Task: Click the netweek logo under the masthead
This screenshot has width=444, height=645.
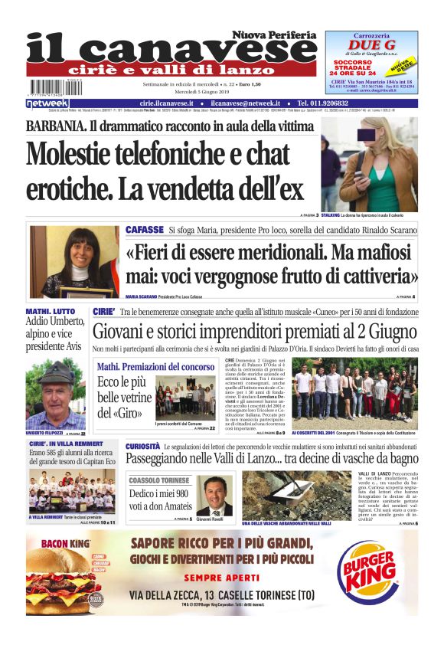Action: tap(47, 103)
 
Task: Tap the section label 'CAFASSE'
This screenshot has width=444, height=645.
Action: tap(144, 230)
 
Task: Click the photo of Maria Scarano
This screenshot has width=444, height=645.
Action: tap(74, 261)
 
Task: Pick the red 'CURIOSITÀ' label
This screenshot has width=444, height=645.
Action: tap(142, 446)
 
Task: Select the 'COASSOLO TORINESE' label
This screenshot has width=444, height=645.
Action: tap(161, 480)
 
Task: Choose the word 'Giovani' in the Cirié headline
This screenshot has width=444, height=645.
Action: tap(122, 332)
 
